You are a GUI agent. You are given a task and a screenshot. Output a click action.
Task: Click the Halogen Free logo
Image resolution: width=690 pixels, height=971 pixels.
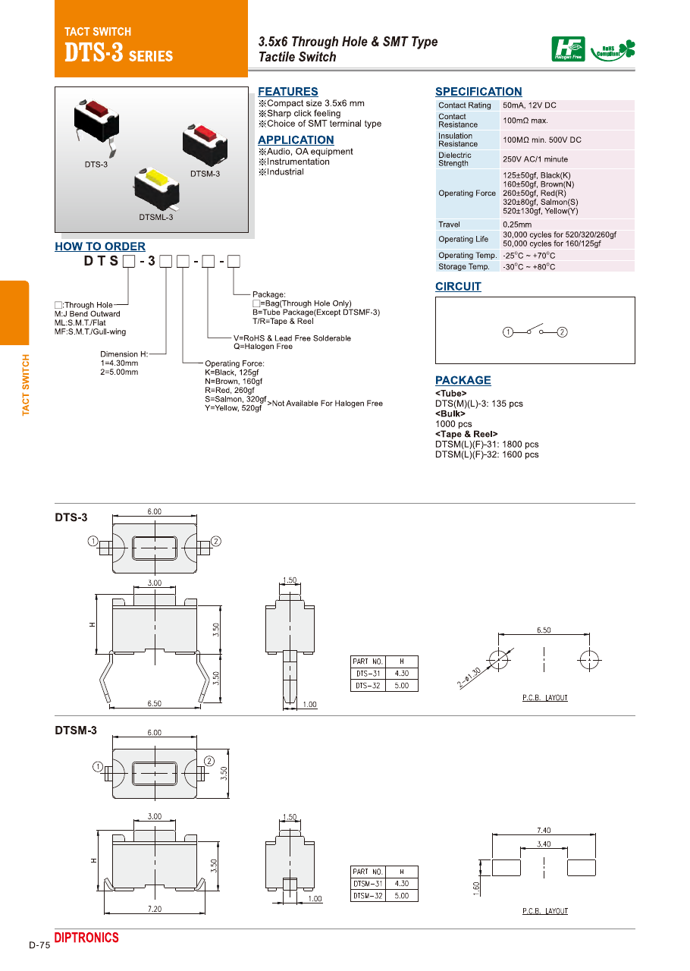pos(568,49)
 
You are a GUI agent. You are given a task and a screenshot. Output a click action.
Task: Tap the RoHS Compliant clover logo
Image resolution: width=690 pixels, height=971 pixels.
pos(613,50)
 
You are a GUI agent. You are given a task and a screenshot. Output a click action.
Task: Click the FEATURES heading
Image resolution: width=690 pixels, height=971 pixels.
pos(288,92)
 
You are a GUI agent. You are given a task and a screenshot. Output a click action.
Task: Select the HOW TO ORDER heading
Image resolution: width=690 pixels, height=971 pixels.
pos(100,247)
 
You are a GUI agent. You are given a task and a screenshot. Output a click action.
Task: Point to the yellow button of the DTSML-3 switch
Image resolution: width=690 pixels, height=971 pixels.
pos(156,179)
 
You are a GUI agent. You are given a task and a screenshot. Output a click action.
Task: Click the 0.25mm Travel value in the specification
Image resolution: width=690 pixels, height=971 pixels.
pos(517,225)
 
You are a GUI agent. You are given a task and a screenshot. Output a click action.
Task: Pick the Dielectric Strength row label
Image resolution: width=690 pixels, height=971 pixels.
pos(454,159)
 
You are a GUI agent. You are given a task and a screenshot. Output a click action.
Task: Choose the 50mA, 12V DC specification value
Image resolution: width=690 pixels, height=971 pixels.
pos(529,105)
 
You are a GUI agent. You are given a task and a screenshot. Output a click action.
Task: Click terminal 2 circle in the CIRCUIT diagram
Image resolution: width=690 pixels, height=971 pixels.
pos(563,332)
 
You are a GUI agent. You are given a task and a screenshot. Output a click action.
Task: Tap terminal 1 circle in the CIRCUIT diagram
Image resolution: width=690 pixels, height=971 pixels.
pos(508,332)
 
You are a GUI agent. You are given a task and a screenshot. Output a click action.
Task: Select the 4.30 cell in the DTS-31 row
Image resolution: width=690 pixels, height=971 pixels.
pos(402,674)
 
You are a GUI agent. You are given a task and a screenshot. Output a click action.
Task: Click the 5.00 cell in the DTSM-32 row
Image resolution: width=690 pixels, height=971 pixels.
pos(402,896)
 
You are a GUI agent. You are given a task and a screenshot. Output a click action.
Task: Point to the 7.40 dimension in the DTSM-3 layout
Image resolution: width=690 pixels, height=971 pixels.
pos(544,831)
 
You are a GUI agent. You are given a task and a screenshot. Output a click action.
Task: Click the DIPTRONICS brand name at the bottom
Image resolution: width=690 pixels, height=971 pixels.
pos(86,938)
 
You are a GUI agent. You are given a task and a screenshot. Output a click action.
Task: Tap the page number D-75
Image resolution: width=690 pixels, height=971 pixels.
pos(39,945)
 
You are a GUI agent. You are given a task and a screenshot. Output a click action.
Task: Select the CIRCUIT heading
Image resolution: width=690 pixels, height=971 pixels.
pos(458,287)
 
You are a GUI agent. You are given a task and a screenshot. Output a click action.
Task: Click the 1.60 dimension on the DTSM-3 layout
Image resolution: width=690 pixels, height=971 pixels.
pos(477,887)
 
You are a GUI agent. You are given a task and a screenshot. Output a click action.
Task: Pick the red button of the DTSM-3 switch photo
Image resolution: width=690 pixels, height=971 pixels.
pos(206,133)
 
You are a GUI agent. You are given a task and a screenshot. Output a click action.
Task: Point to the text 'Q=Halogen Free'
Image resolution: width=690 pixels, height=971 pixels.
pos(263,347)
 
